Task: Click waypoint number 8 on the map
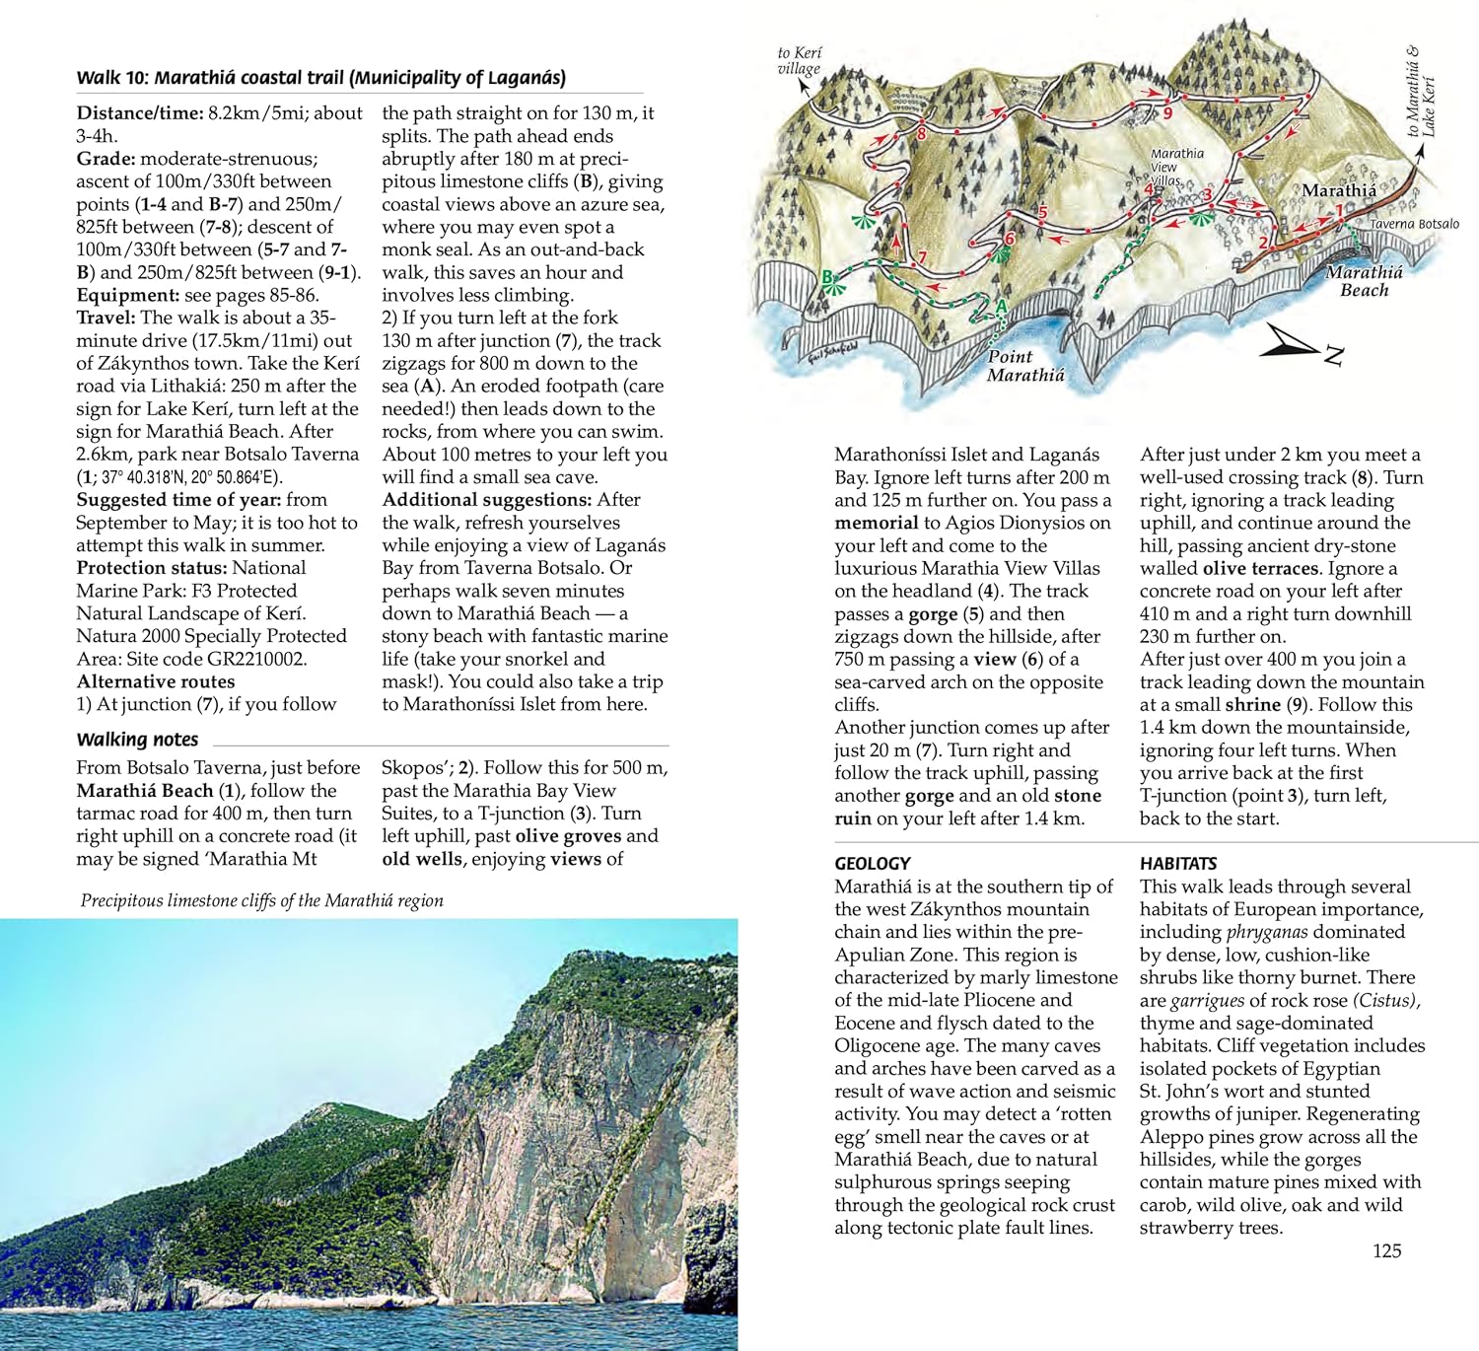tap(921, 134)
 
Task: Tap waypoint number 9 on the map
tap(1167, 113)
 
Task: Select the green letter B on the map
tap(828, 278)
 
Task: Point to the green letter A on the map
tap(1001, 307)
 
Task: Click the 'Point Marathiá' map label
tap(1025, 366)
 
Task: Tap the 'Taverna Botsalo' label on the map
tap(1414, 224)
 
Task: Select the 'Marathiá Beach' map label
tap(1364, 281)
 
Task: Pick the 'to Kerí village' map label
tap(799, 60)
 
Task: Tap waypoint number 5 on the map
tap(1042, 212)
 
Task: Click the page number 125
tap(1386, 1250)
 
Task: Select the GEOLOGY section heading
tap(872, 863)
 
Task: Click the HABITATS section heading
tap(1178, 863)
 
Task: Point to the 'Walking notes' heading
tap(137, 740)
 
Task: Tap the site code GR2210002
tap(256, 659)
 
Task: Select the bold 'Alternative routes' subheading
tap(156, 681)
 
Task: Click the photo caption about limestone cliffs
tap(261, 900)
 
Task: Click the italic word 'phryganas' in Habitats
tap(1267, 932)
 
